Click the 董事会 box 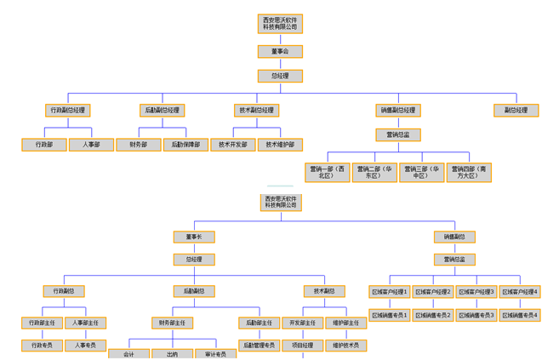pos(280,52)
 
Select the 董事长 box pos(194,237)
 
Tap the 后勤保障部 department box pos(185,145)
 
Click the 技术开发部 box pos(232,145)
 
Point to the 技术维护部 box pos(279,145)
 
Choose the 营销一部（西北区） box pos(328,172)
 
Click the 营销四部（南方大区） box pos(469,172)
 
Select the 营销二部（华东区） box pos(374,172)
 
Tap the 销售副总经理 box pos(397,111)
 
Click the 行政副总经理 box pos(67,111)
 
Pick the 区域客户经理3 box pos(476,292)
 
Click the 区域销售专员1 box pos(390,316)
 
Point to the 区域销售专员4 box pos(519,316)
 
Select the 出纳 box pos(173,354)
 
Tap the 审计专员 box pos(215,354)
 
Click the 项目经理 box pos(302,346)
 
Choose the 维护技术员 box pos(345,346)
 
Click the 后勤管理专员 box pos(259,346)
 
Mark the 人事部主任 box pos(86,323)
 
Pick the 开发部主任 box pos(302,323)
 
